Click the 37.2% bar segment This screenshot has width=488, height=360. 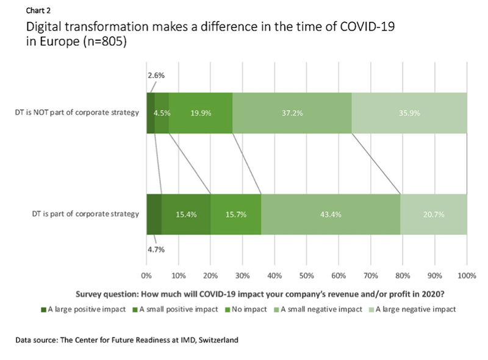tap(292, 113)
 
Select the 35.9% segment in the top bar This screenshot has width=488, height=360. tap(409, 113)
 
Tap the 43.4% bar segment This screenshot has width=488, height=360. tap(331, 214)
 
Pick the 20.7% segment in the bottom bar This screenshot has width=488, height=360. tap(433, 214)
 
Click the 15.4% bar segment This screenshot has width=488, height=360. tap(186, 214)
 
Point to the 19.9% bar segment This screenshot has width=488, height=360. tap(200, 113)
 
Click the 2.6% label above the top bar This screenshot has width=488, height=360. tap(156, 76)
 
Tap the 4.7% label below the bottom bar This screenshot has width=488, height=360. tap(156, 249)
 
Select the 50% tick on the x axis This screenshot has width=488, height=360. tap(306, 275)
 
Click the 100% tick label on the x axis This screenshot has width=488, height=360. tap(467, 275)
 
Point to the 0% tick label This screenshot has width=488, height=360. tap(147, 275)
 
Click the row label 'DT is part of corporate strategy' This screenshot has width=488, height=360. tap(84, 214)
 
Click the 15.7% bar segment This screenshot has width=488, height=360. tap(237, 214)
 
